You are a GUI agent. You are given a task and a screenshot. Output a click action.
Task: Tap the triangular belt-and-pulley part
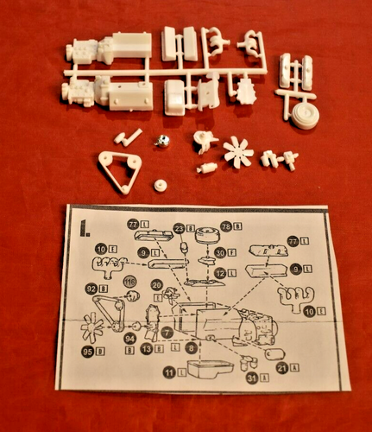tap(120, 170)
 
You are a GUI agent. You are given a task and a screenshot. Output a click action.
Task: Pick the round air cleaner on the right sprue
tap(303, 116)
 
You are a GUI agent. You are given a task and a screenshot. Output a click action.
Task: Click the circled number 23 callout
tap(179, 228)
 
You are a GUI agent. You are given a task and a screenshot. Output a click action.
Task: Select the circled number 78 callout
tap(226, 226)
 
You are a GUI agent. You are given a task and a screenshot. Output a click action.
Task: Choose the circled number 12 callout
tap(220, 273)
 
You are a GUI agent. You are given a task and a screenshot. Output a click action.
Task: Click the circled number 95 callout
tap(88, 352)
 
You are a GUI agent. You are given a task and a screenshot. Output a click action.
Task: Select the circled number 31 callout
tap(251, 378)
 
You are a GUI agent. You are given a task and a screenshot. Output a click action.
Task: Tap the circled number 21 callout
tap(281, 367)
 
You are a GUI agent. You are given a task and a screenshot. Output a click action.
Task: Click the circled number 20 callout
tap(156, 284)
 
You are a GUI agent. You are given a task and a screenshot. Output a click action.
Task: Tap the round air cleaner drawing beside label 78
tap(205, 234)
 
